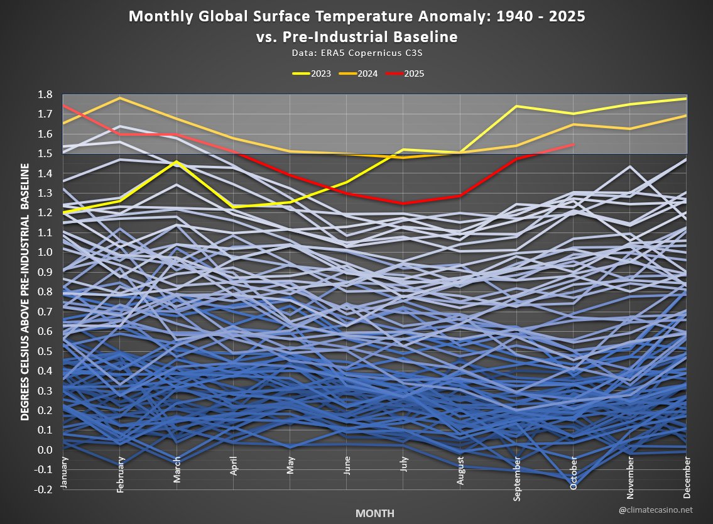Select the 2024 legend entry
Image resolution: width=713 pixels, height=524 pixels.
[x=359, y=74]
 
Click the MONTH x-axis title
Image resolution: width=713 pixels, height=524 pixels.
[x=375, y=513]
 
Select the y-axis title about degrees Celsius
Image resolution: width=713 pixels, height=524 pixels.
[x=25, y=292]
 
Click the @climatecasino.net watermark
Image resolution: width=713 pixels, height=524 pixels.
[x=665, y=510]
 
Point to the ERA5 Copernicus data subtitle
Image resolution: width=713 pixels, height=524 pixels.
[x=357, y=54]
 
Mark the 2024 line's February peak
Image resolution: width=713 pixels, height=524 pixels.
[x=120, y=98]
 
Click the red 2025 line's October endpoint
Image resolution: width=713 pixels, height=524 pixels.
[x=573, y=145]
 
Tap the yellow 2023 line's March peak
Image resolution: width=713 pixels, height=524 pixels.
[x=177, y=161]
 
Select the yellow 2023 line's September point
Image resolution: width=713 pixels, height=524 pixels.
[x=516, y=106]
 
